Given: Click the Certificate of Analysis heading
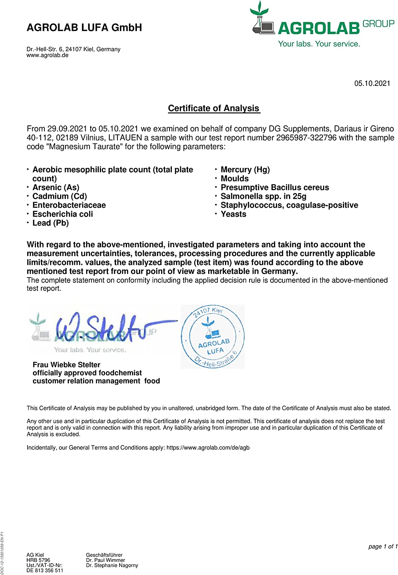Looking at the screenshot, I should tap(214, 108).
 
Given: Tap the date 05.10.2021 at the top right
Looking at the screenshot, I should tap(372, 84).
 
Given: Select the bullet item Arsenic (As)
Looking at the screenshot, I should tap(56, 187).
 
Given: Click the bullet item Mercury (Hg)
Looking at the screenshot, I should tap(245, 170).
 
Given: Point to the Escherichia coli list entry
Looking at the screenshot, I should tap(62, 214).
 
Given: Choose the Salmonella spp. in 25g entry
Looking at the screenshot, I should tap(263, 196).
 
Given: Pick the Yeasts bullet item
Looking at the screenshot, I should tap(233, 214).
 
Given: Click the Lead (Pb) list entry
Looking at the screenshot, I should tap(51, 223).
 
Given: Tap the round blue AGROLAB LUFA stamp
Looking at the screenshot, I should tap(213, 337).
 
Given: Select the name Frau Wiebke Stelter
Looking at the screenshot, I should tap(66, 365).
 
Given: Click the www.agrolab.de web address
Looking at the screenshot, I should tap(47, 55).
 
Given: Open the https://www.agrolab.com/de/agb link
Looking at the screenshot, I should tap(208, 448).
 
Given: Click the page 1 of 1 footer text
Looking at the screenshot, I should tap(383, 547).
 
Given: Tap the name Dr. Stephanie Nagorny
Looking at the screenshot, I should tap(112, 565).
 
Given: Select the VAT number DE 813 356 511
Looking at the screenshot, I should tap(45, 570).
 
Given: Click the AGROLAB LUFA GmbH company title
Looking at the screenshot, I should tap(84, 28).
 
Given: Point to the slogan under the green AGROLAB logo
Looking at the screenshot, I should tap(319, 44).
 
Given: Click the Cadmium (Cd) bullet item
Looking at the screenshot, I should tap(59, 196).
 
